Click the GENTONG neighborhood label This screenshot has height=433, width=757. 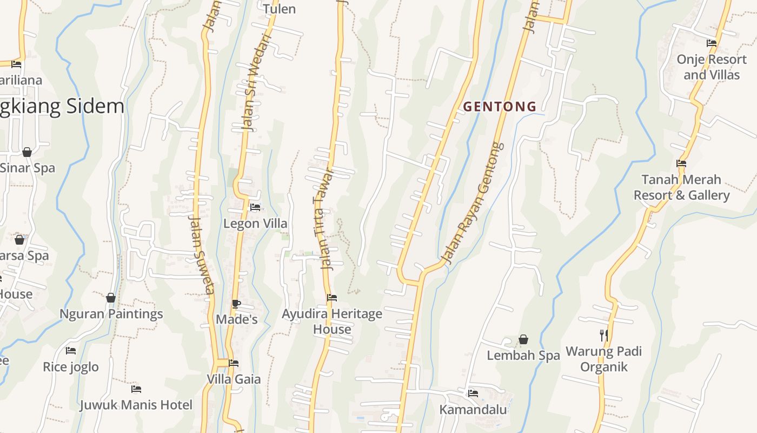[x=500, y=107]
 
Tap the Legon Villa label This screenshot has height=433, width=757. [x=255, y=224]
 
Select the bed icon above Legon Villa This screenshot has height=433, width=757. [x=255, y=207]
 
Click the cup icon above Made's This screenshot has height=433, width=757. [x=236, y=304]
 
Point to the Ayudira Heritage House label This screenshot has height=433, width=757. [x=332, y=322]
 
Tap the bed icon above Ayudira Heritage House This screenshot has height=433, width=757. [x=332, y=298]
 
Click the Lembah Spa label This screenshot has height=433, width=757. [x=523, y=356]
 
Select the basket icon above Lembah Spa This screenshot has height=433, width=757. [x=523, y=340]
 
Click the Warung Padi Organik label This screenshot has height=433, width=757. [x=603, y=359]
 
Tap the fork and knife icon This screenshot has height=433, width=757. [x=603, y=336]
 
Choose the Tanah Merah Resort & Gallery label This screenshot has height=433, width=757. [x=681, y=187]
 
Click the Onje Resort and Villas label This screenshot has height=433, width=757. [x=711, y=67]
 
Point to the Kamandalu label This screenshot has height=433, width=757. [x=473, y=409]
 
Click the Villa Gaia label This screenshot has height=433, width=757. [x=234, y=379]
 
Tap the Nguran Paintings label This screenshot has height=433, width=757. [x=111, y=314]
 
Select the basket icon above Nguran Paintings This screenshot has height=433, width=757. [x=111, y=298]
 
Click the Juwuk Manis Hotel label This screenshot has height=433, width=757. [x=136, y=405]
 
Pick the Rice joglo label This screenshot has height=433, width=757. [x=71, y=367]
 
